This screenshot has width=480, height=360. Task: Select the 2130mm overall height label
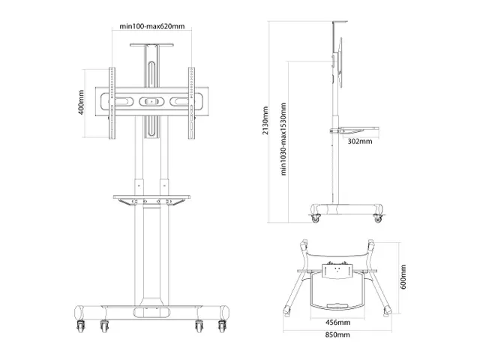(265, 120)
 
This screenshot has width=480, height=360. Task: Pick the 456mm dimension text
(338, 322)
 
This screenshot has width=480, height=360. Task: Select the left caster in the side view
(314, 218)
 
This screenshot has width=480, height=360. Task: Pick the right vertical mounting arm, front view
(192, 102)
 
